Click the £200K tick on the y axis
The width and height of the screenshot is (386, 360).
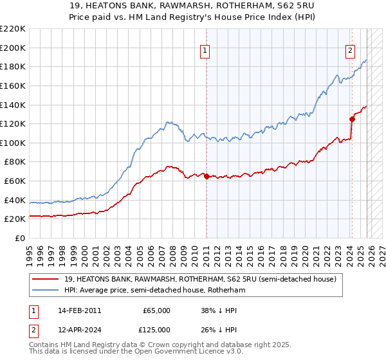click(13, 48)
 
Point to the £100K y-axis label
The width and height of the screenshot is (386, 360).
click(13, 143)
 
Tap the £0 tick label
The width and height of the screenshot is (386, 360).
click(20, 238)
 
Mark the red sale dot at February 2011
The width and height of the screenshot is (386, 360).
click(207, 176)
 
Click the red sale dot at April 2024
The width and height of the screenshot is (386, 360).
click(352, 119)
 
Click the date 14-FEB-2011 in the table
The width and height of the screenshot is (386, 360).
click(79, 310)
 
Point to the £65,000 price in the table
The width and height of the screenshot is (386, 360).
click(156, 310)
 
